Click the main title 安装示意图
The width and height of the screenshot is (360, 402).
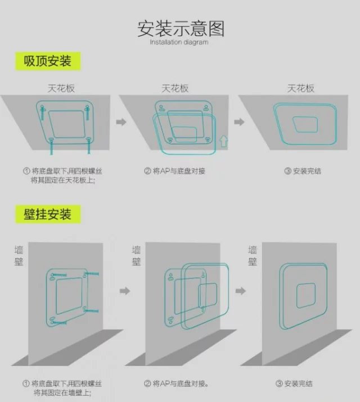(x=181, y=29)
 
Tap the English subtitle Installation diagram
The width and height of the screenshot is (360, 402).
(x=179, y=42)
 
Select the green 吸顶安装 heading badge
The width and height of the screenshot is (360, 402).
(x=48, y=61)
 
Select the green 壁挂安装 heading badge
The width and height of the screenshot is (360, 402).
(x=48, y=214)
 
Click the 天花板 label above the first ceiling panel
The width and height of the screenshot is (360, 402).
(x=61, y=88)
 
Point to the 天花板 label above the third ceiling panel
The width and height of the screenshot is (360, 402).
(x=300, y=88)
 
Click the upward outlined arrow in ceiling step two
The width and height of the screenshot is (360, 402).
(x=224, y=141)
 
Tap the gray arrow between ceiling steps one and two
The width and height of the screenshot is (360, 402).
(x=121, y=122)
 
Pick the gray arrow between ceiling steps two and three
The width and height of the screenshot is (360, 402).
(x=239, y=122)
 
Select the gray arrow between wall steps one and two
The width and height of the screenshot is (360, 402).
(x=125, y=291)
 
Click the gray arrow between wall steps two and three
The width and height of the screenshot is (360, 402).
(x=241, y=291)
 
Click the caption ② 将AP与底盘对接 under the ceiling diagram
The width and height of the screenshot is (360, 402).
(x=174, y=171)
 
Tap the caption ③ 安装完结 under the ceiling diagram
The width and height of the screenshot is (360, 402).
(x=303, y=171)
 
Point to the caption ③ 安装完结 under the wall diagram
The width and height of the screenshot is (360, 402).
(x=294, y=383)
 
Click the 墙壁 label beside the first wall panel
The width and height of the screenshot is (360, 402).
(x=19, y=256)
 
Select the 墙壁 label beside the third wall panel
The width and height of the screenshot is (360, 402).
(x=253, y=256)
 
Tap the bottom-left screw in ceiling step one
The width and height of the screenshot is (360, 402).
(x=51, y=146)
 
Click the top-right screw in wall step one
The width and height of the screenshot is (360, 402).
(x=91, y=274)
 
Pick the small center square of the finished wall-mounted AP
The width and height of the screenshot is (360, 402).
(x=306, y=295)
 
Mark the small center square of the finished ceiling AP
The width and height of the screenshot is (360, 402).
(x=305, y=125)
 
